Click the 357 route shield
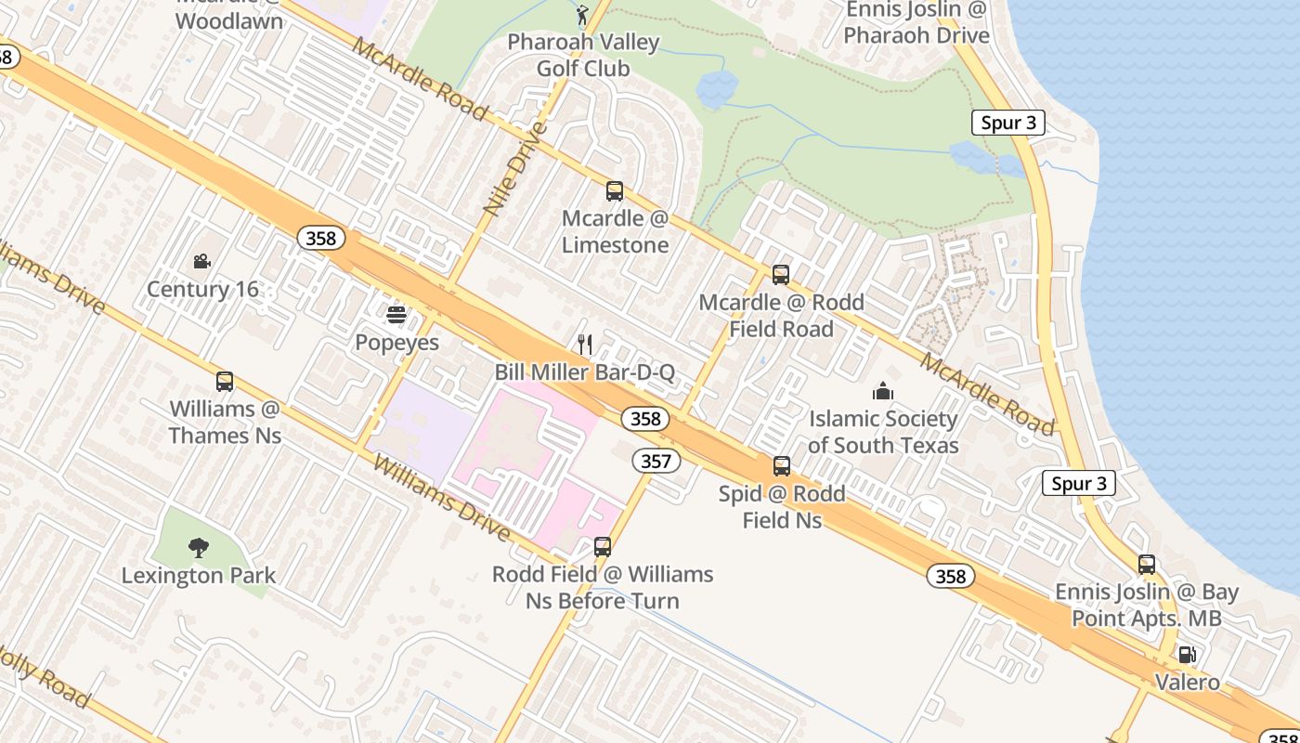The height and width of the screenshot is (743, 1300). click(x=657, y=461)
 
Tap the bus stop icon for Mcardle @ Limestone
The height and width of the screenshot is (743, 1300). click(x=615, y=191)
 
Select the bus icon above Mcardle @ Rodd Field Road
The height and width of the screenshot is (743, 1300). click(x=781, y=275)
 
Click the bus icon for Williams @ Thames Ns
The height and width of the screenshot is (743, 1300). click(x=225, y=382)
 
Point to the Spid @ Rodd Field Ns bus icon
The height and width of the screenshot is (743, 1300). click(x=782, y=466)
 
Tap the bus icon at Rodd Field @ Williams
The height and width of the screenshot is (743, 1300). click(x=603, y=547)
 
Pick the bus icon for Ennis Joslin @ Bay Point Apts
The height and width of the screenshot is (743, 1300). click(x=1147, y=565)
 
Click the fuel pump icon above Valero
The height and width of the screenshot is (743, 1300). click(x=1187, y=655)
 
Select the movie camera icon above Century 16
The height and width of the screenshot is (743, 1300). click(x=202, y=262)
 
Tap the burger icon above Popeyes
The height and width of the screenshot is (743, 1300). click(x=396, y=315)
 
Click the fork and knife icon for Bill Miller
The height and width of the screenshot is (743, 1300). click(x=585, y=345)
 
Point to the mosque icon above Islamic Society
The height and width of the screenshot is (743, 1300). click(x=882, y=391)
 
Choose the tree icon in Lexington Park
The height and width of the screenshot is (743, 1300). click(x=198, y=548)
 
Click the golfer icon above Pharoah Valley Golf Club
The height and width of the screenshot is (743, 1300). click(x=582, y=15)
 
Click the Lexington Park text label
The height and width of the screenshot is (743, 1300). click(x=199, y=576)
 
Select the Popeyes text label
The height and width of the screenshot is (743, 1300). click(x=396, y=343)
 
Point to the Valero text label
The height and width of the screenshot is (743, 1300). click(x=1187, y=683)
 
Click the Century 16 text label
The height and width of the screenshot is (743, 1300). click(x=202, y=290)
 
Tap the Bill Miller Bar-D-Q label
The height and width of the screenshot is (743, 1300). click(x=584, y=372)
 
